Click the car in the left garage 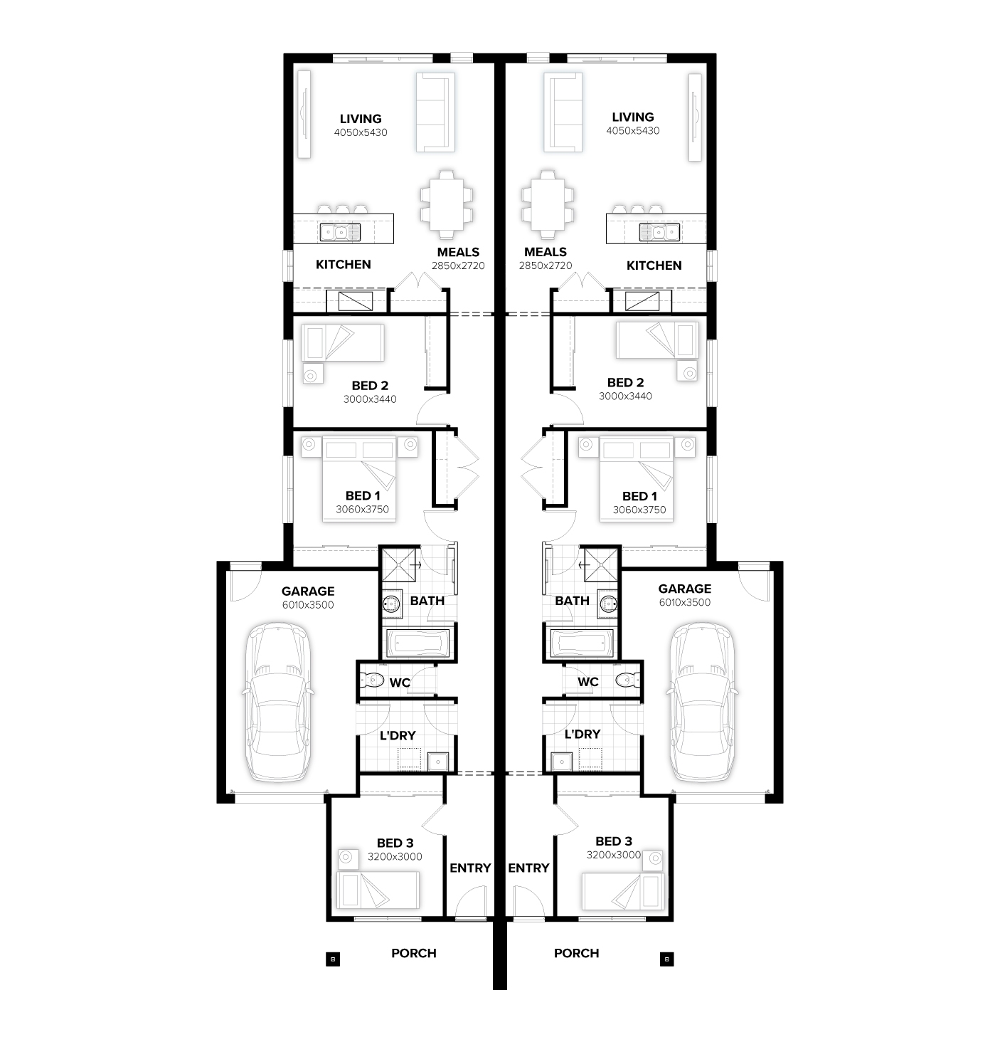click(x=278, y=702)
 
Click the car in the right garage click(x=702, y=702)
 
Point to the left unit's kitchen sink click(x=340, y=232)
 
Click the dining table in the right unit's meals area click(x=547, y=204)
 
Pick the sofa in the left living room click(x=435, y=112)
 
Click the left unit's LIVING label click(x=361, y=119)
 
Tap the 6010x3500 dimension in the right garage click(x=684, y=602)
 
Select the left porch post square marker click(x=334, y=959)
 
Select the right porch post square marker click(x=666, y=959)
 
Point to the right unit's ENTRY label click(x=528, y=868)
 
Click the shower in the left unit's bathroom click(x=400, y=565)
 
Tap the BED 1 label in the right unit click(x=639, y=496)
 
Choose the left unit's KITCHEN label click(x=344, y=264)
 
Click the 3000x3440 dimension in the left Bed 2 click(x=370, y=399)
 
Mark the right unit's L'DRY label click(x=583, y=734)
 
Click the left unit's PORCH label click(x=413, y=953)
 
